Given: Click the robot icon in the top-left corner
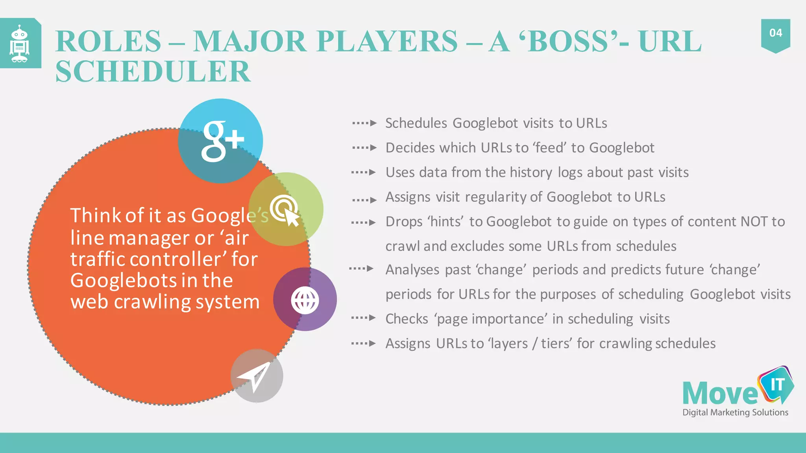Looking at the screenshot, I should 20,43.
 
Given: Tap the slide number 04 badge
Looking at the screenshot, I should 775,33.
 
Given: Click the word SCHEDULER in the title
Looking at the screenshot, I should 153,72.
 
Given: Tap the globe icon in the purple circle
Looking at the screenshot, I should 305,300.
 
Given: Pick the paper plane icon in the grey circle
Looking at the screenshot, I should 255,376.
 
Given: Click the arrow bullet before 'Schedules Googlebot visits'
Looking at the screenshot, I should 364,123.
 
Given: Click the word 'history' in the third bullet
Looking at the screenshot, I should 531,173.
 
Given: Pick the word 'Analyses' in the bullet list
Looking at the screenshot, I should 412,270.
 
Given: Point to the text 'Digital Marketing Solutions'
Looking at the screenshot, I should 735,412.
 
